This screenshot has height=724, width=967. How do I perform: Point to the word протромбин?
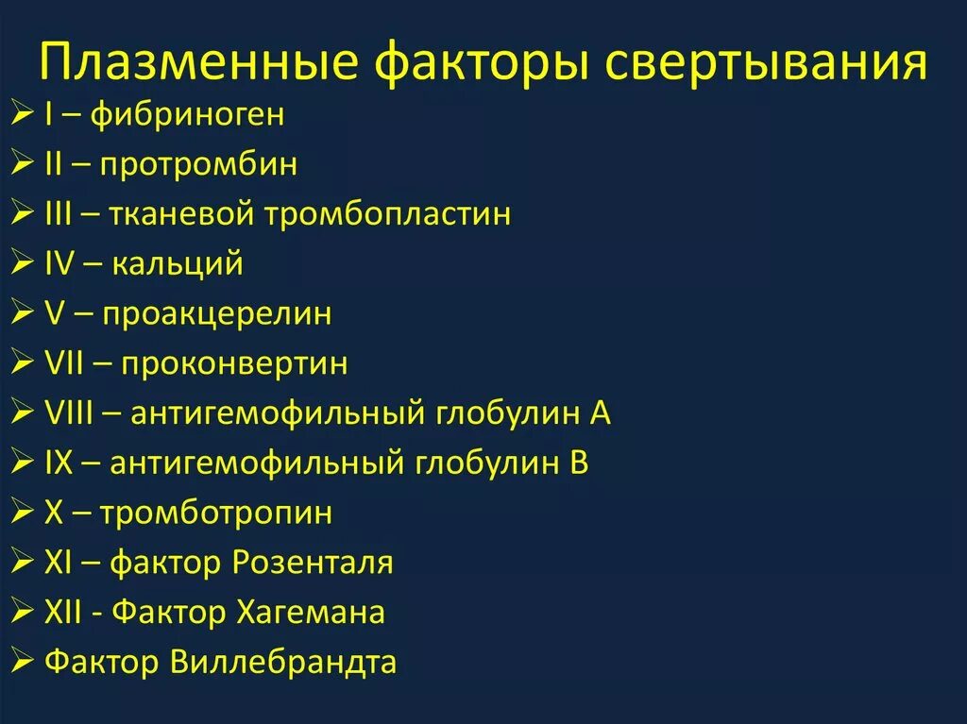coord(209,164)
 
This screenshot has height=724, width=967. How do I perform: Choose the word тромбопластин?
coord(387,213)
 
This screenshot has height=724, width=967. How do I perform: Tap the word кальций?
coord(178,262)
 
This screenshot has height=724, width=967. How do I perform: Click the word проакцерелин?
coord(216,313)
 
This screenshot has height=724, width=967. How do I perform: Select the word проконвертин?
coord(233,363)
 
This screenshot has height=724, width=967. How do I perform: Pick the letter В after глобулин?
coord(579,463)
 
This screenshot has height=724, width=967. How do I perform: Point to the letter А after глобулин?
coord(601,413)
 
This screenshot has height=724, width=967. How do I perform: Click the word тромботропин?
coord(216,514)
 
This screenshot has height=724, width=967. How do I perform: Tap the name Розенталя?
coord(312,564)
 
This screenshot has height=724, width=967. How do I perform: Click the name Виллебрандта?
coord(283,663)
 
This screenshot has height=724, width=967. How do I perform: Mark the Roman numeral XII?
coord(66,613)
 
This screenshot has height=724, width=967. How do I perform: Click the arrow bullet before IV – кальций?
coord(25,263)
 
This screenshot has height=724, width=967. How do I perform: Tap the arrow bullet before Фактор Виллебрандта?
coord(25,663)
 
